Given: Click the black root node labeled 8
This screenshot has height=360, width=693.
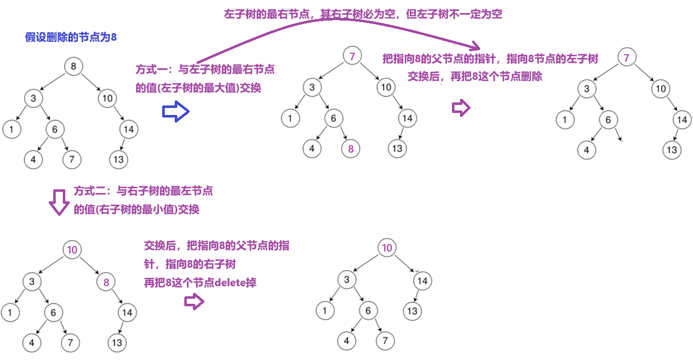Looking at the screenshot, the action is (73, 66).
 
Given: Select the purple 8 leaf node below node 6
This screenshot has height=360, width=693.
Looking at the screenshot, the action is (351, 149).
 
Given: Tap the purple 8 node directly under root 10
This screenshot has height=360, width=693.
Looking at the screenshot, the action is (106, 282).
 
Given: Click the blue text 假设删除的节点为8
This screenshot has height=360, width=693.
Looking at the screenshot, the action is (71, 37).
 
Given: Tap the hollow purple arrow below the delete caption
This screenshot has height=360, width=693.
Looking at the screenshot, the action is (194, 301).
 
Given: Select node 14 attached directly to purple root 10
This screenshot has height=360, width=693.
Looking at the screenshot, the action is (422, 281).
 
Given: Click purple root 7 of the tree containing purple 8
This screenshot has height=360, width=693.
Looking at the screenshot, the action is (352, 56).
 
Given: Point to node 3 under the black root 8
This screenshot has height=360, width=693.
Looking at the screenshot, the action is (33, 98).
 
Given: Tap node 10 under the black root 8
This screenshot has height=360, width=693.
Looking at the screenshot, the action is (107, 98).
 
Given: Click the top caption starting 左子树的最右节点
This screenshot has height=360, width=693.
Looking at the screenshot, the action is (363, 14).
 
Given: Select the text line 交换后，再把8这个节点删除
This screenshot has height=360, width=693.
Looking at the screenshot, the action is (475, 77).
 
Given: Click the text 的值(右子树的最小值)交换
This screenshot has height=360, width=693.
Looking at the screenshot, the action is (137, 209).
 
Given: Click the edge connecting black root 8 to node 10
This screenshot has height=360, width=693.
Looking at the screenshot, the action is (90, 82).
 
